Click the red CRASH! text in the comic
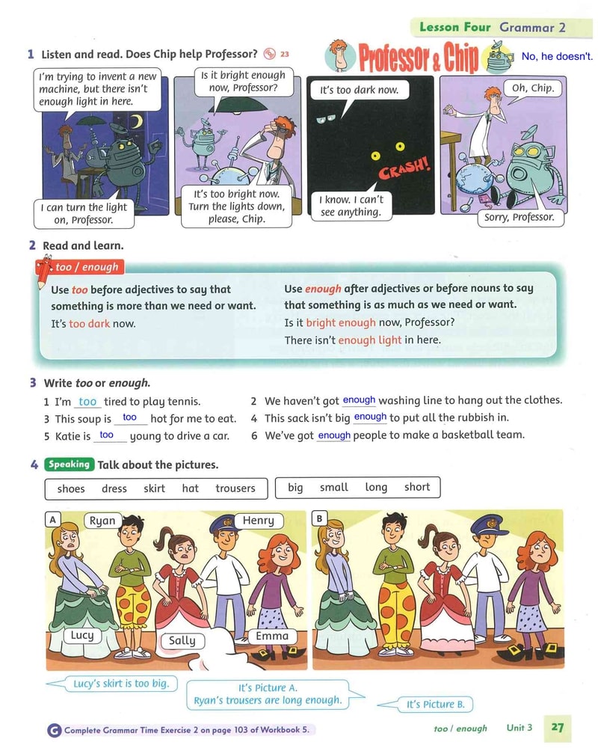click(405, 167)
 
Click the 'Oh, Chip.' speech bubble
click(533, 89)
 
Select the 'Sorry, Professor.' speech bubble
click(520, 218)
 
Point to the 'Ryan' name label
click(102, 521)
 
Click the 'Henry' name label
click(259, 520)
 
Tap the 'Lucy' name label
click(82, 635)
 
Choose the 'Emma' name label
click(272, 636)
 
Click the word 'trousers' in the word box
click(235, 488)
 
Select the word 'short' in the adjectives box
click(417, 487)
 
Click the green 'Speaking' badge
click(70, 465)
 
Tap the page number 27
click(558, 728)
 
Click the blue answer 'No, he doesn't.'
click(557, 56)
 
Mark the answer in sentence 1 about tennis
click(87, 402)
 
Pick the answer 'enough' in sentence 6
click(334, 435)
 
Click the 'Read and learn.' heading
click(83, 245)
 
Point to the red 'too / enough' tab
click(80, 267)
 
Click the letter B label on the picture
click(319, 518)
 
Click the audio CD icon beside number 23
click(269, 54)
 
